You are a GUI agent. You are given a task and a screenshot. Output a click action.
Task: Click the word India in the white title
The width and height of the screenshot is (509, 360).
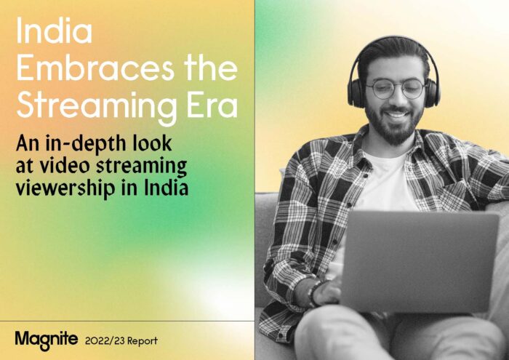pos(55,31)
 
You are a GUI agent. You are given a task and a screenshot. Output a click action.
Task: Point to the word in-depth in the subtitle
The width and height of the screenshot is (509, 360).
pos(86,143)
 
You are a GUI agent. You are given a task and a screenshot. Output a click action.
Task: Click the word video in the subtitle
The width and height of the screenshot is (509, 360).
pos(65,165)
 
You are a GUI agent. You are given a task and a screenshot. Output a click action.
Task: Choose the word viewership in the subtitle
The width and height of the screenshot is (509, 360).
pos(65,188)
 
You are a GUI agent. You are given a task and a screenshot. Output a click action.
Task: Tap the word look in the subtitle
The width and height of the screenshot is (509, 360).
pos(152,143)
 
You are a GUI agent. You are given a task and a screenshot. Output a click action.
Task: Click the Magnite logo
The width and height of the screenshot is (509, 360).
pos(46,340)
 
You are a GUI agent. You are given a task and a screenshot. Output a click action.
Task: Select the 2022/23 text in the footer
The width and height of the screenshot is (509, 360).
pos(105,341)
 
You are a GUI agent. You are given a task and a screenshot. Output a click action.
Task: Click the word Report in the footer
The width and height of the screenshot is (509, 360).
pos(143,342)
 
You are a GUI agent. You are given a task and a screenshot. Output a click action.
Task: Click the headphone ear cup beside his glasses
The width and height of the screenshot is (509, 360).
pos(356,93)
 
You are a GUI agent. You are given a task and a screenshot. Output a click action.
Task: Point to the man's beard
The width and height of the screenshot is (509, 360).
pos(394,127)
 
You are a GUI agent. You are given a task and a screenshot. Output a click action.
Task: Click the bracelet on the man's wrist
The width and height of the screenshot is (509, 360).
pos(314,293)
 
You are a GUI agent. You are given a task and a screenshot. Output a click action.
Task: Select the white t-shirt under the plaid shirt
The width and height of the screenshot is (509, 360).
pos(386,182)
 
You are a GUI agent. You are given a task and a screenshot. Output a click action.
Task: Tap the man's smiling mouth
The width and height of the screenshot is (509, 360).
pos(396,114)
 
